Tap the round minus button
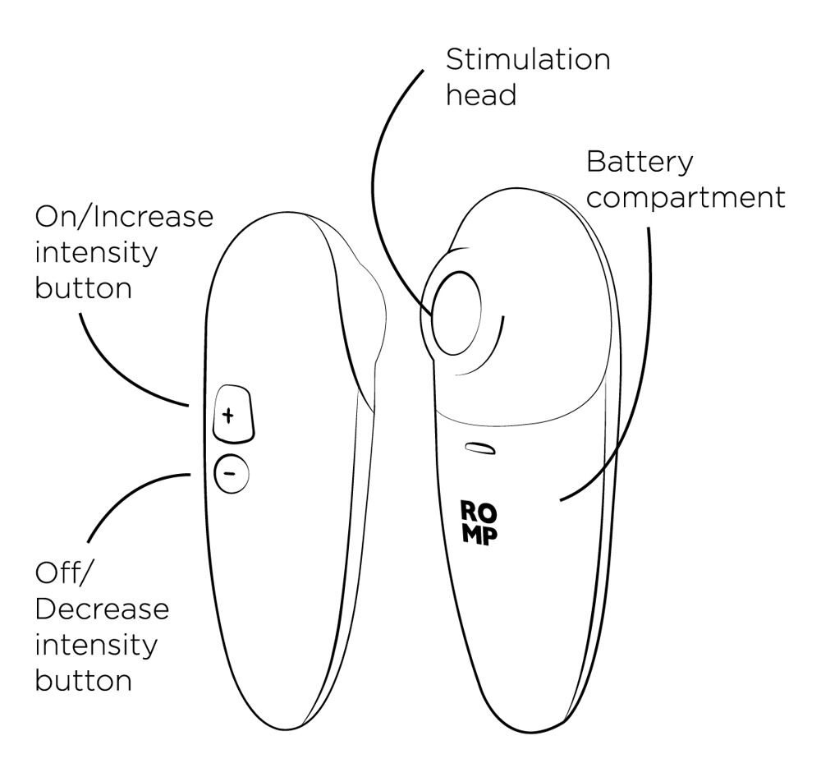[x=231, y=473]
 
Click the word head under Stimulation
[x=481, y=95]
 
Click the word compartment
[x=686, y=198]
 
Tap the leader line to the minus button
[x=123, y=501]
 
